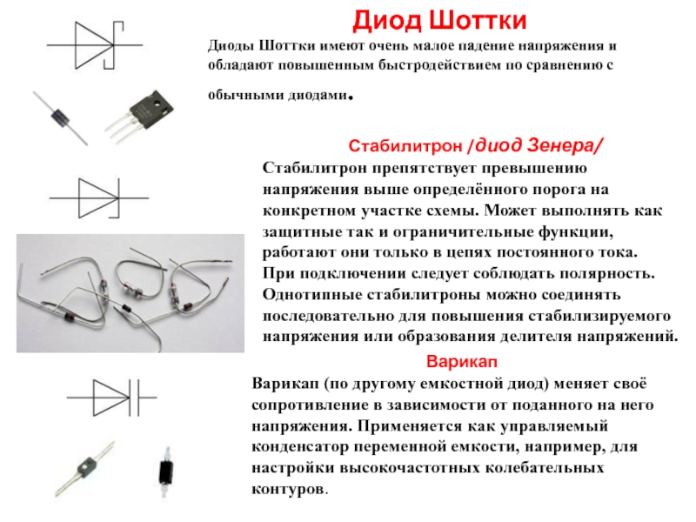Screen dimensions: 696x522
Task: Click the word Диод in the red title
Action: [387, 21]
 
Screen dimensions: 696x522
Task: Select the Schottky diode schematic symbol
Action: [95, 45]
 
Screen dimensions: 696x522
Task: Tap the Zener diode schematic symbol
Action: [98, 198]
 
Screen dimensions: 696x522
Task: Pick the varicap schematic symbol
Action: [112, 398]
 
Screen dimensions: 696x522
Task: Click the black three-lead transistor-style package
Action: [140, 116]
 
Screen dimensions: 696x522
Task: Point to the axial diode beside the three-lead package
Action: [60, 118]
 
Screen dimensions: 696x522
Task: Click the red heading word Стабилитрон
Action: [405, 145]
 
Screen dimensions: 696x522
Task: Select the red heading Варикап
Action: [462, 361]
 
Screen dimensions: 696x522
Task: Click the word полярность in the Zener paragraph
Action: [606, 273]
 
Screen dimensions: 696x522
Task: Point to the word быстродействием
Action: [451, 65]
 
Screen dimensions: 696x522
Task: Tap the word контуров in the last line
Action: [288, 489]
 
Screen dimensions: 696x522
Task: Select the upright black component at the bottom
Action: [166, 472]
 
